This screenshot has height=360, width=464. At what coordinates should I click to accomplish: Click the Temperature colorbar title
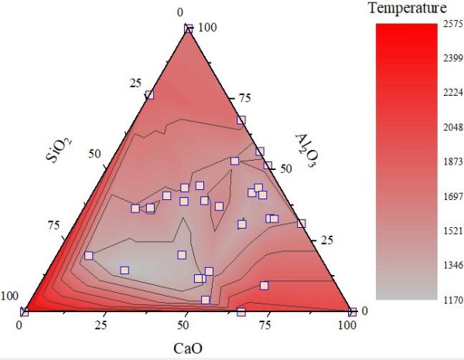[x=408, y=9]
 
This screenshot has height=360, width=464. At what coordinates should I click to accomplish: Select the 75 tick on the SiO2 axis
[x=54, y=225]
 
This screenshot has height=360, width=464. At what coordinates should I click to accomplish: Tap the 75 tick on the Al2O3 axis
[x=247, y=98]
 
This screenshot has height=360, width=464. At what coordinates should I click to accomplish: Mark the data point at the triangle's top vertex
[x=188, y=29]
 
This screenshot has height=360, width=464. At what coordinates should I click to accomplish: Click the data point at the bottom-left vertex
[x=24, y=312]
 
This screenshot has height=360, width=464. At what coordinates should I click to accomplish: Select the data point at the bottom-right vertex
[x=352, y=312]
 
